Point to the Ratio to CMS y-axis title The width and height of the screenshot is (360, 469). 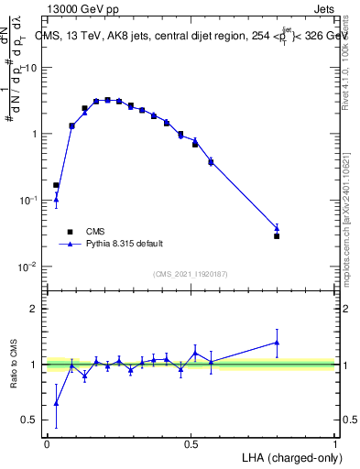tap(14, 364)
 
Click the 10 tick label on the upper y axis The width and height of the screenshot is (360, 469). tap(30, 68)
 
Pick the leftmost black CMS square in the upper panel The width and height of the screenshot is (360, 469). tap(56, 185)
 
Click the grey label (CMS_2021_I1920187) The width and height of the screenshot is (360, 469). tap(191, 274)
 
